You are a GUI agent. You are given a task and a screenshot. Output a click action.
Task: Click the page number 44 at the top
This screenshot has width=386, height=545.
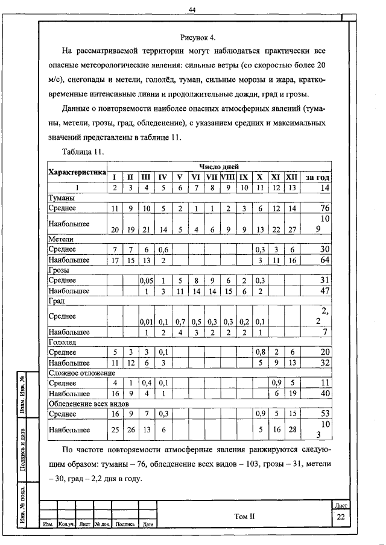pyautogui.click(x=192, y=10)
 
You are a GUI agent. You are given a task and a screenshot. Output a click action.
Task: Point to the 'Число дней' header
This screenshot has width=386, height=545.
pyautogui.click(x=220, y=166)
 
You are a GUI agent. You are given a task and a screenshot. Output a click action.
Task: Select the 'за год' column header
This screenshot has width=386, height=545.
pyautogui.click(x=317, y=177)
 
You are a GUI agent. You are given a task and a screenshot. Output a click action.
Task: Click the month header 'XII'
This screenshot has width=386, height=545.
pyautogui.click(x=292, y=177)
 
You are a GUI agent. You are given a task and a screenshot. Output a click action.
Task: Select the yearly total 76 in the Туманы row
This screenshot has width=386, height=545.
pyautogui.click(x=323, y=208)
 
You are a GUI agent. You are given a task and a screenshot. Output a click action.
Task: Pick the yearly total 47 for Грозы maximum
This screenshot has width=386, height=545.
pyautogui.click(x=323, y=291)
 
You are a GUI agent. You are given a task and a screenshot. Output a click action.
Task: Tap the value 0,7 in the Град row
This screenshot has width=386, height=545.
pyautogui.click(x=180, y=322)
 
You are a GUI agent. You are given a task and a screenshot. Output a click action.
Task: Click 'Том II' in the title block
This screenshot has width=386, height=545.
pyautogui.click(x=244, y=516)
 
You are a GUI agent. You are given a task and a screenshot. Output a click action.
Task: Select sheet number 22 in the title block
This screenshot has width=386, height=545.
pyautogui.click(x=341, y=517)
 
